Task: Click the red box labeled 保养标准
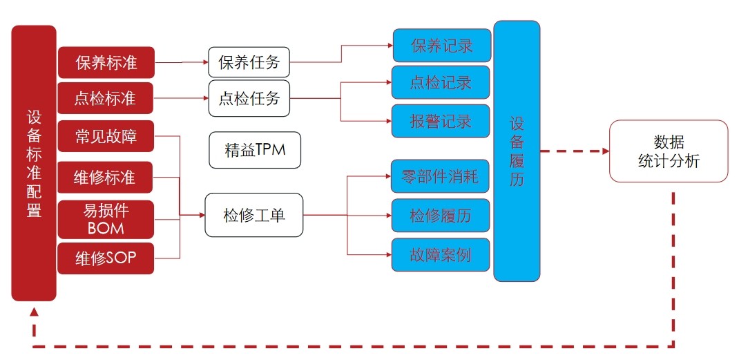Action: click(106, 63)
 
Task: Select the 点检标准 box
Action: click(106, 99)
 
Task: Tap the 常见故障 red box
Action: click(106, 137)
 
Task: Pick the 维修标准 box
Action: click(106, 178)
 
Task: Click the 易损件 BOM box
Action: click(106, 218)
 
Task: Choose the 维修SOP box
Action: click(106, 258)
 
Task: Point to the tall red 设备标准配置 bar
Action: click(34, 163)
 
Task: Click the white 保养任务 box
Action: click(249, 63)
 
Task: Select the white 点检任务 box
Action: click(249, 99)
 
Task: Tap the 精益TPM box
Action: click(255, 150)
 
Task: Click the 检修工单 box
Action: click(254, 215)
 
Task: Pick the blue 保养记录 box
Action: click(441, 46)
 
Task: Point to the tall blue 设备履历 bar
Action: click(517, 151)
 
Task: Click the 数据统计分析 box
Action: click(668, 151)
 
